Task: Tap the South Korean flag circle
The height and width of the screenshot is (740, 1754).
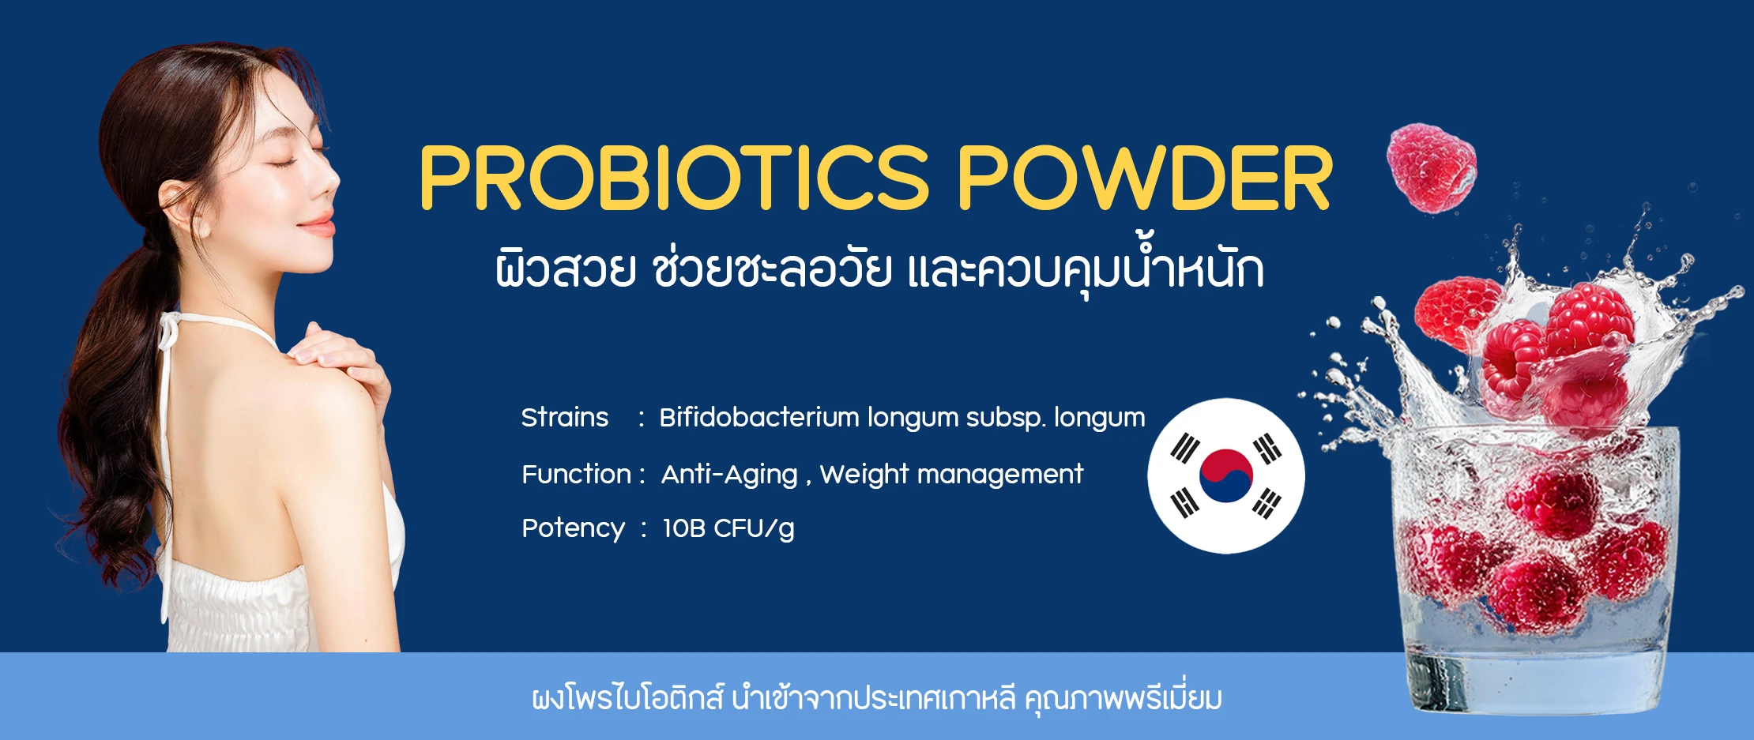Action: (x=1225, y=475)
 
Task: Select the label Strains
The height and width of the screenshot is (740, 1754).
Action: (x=564, y=417)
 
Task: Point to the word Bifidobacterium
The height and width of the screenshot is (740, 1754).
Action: (x=758, y=417)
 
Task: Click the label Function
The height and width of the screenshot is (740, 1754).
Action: (x=576, y=474)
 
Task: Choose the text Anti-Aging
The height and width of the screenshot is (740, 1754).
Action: (x=728, y=475)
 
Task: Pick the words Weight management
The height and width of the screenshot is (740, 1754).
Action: (x=951, y=475)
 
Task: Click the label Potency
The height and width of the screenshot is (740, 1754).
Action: (x=573, y=528)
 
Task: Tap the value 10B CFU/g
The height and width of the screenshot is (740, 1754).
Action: (x=728, y=528)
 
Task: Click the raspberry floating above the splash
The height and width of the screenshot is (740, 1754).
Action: (x=1431, y=167)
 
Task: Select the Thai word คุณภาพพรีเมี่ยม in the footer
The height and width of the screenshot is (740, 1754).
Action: (x=1123, y=699)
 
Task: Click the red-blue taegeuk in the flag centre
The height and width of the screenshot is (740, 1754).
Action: (x=1225, y=475)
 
